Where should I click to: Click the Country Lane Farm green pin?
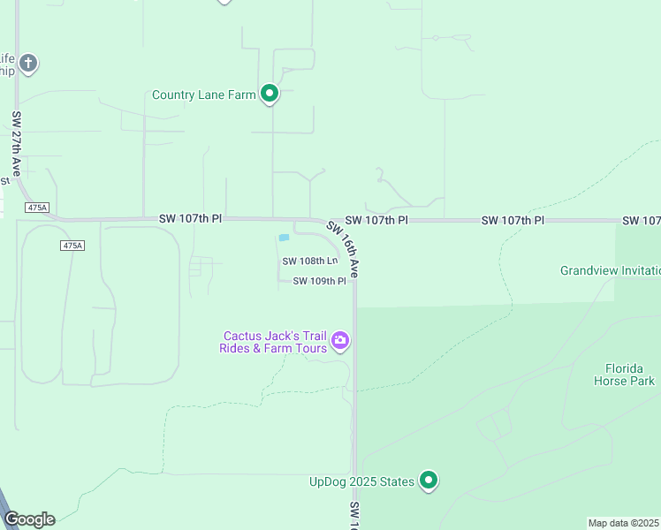[x=270, y=94]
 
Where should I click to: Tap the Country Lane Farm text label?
[x=203, y=95]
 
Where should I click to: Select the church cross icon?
[x=28, y=63]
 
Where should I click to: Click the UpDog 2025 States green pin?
[x=429, y=481]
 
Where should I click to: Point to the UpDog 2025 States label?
[x=361, y=481]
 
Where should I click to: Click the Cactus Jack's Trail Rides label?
[x=274, y=342]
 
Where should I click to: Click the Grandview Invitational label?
[x=610, y=270]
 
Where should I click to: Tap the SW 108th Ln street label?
[x=310, y=261]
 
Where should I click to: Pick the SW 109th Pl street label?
[x=319, y=281]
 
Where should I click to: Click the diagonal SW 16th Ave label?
[x=344, y=249]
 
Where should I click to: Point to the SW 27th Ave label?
[x=17, y=143]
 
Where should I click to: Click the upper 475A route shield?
[x=36, y=208]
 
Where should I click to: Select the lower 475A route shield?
[x=72, y=245]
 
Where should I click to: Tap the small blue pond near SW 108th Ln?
[x=284, y=238]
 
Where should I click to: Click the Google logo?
[x=29, y=519]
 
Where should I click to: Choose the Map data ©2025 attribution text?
[x=624, y=523]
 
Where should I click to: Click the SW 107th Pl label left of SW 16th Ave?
[x=190, y=218]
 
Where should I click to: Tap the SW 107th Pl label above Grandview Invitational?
[x=513, y=220]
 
